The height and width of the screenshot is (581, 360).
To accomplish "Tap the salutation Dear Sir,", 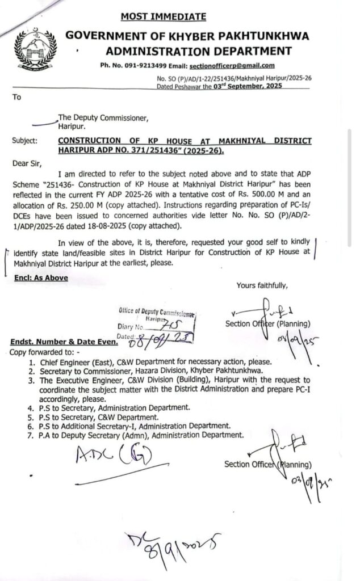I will click(x=27, y=163).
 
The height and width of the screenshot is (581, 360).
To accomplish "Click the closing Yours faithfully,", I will click(x=262, y=285).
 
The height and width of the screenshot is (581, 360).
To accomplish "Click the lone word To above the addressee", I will click(x=16, y=97).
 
